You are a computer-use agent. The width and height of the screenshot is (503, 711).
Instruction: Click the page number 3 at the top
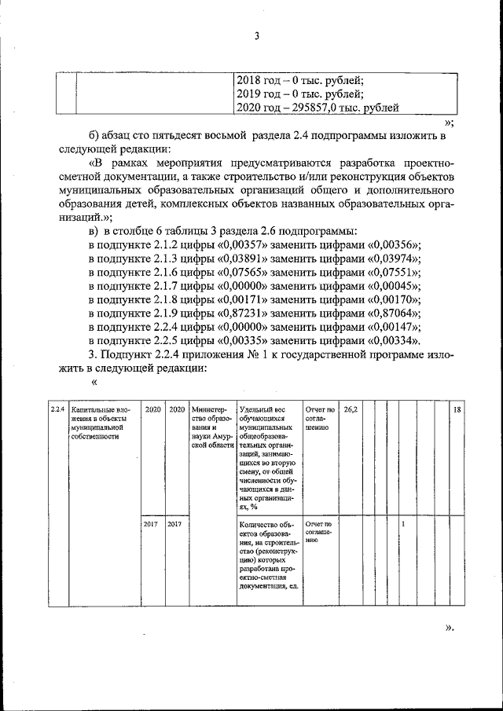tap(256, 35)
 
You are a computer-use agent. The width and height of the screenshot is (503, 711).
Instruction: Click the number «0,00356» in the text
tap(394, 244)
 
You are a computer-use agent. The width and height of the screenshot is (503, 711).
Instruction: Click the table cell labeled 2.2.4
tap(57, 409)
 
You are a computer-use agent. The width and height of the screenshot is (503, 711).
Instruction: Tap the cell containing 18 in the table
tap(457, 409)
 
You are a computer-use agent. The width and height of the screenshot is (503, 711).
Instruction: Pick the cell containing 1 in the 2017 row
tap(403, 523)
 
